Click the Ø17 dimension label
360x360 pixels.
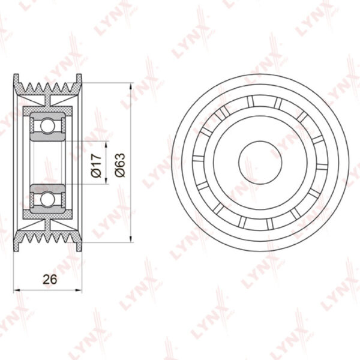pos(96,166)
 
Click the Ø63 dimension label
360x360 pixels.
pos(120,165)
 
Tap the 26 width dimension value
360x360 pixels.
pos(50,280)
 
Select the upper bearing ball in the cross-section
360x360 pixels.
pos(47,125)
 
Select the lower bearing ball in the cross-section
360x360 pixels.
pos(47,199)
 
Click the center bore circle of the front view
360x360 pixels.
pos(260,163)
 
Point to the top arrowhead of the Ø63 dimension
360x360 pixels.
pos(131,86)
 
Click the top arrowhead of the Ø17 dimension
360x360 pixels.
pos(106,145)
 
